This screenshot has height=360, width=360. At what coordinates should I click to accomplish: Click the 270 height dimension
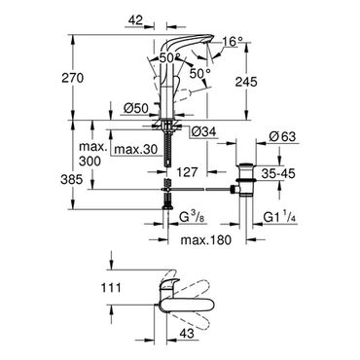click(x=72, y=78)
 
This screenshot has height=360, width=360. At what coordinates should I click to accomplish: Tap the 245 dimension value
click(x=246, y=82)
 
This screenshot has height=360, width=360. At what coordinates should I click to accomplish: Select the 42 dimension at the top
click(x=135, y=20)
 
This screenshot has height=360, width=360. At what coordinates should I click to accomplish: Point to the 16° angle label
click(x=233, y=41)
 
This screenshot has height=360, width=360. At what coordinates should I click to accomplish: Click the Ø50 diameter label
click(x=136, y=107)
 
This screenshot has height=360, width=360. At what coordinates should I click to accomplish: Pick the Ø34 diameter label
click(x=203, y=131)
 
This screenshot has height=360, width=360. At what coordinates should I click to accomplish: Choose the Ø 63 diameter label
click(x=282, y=136)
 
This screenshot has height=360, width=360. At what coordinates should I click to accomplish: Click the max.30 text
click(x=136, y=150)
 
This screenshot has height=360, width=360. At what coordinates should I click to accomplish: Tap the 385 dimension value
click(x=72, y=179)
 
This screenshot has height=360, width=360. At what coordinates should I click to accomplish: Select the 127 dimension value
click(x=186, y=172)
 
